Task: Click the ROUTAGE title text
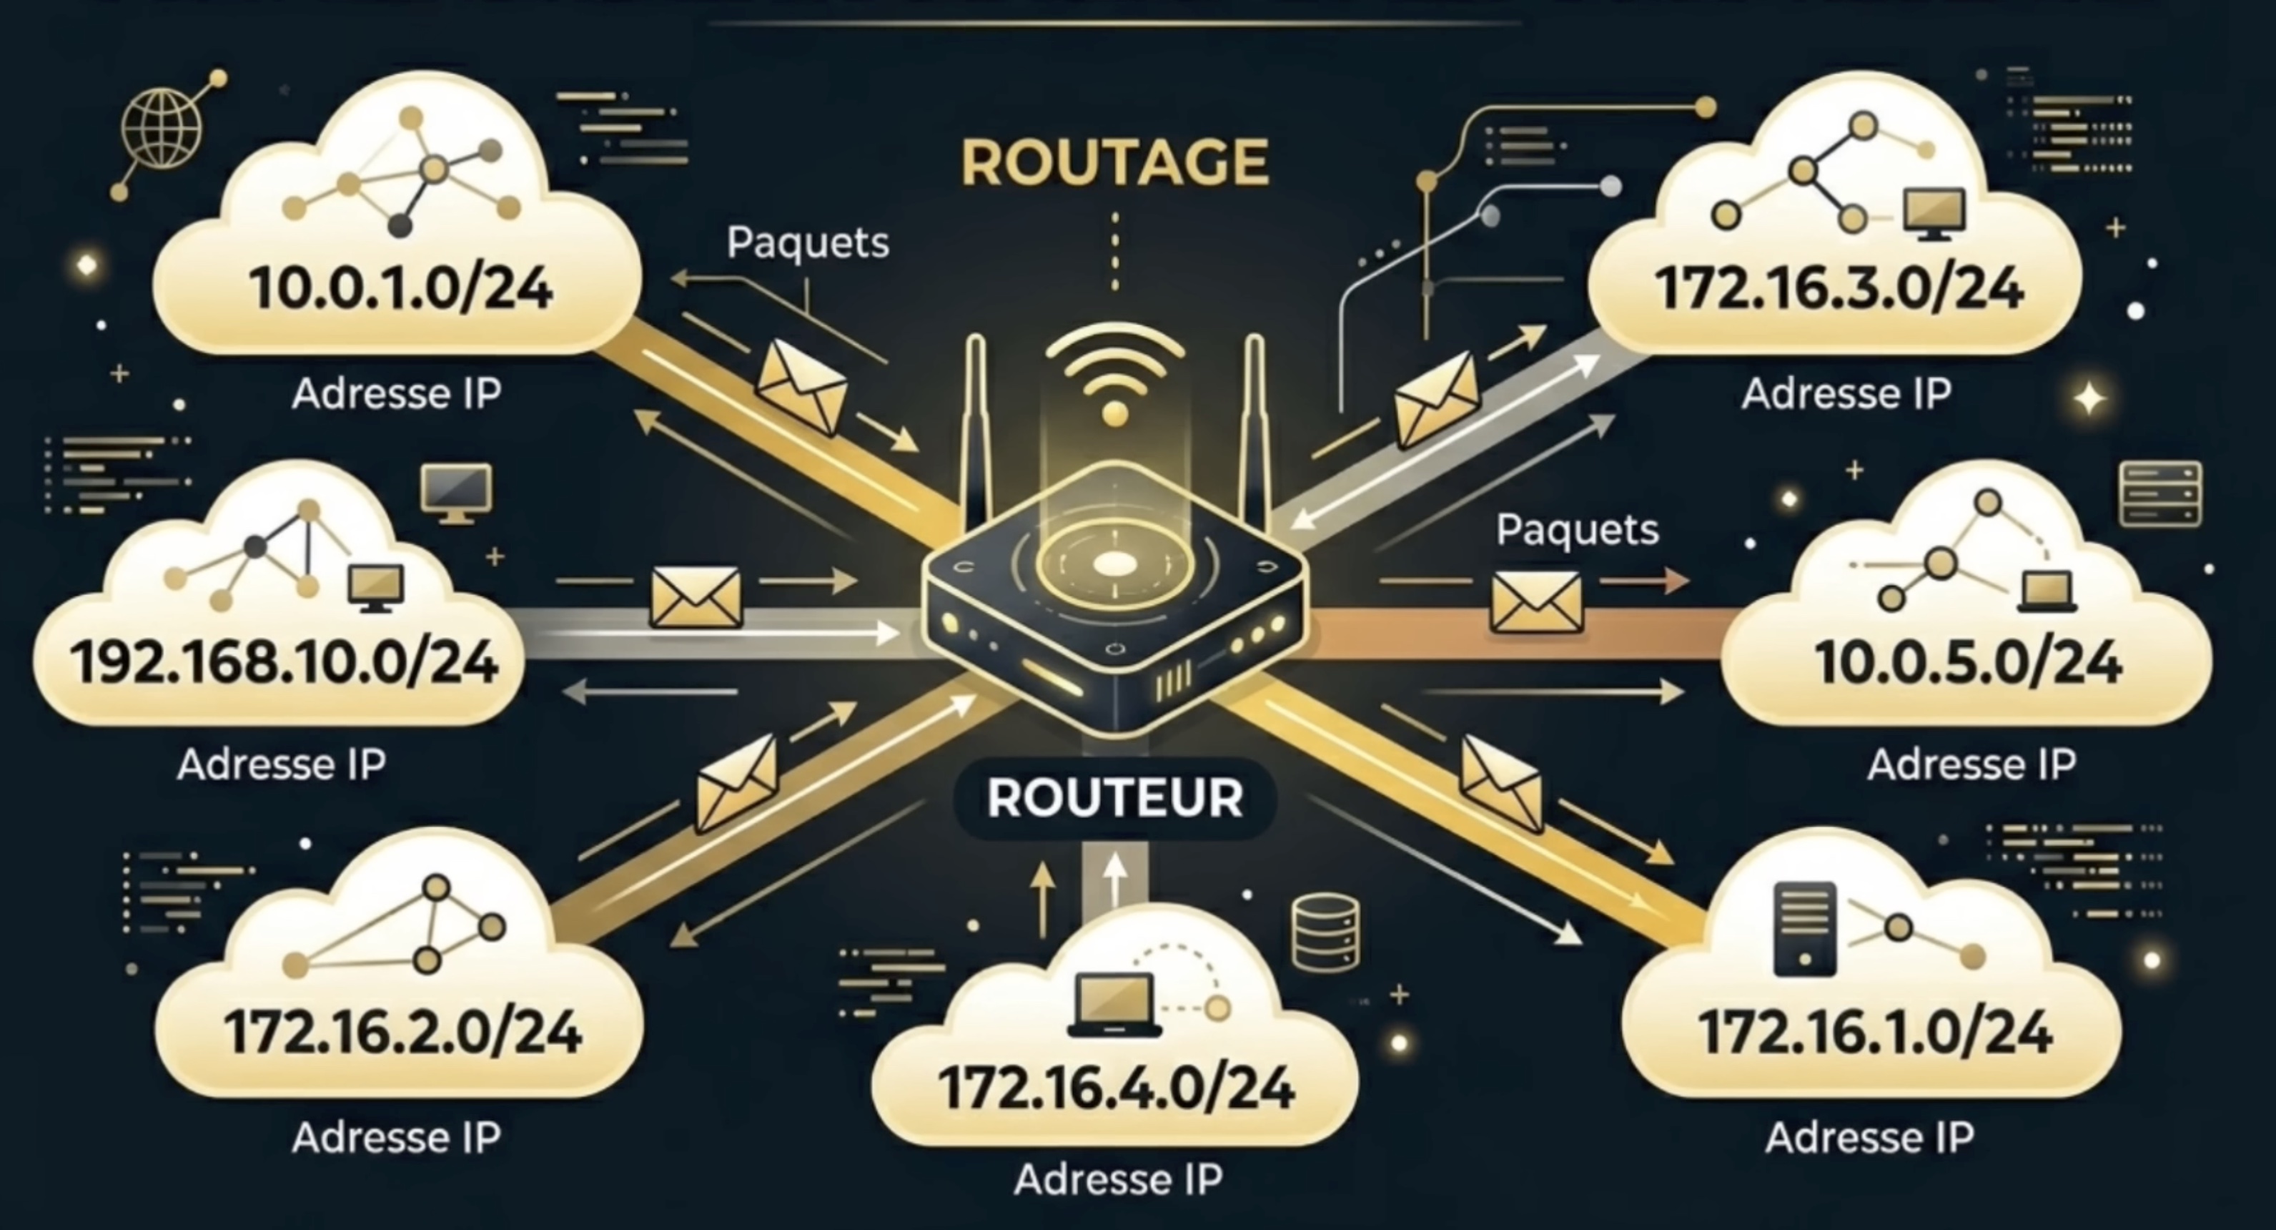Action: pos(1115,162)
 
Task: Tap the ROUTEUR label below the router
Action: pos(1115,798)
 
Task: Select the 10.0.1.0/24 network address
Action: pos(401,288)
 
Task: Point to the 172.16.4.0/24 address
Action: pos(1116,1087)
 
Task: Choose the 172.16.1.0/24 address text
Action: pos(1875,1031)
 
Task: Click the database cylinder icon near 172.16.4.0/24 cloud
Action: pos(1325,933)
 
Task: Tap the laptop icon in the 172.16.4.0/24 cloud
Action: pos(1115,1005)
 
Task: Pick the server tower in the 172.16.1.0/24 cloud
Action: pos(1805,930)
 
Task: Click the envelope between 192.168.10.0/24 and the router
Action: pos(696,597)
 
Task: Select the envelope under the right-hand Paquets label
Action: pos(1535,601)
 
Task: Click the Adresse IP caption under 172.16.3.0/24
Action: pos(1846,393)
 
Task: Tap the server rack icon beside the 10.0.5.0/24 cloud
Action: pos(2159,493)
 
